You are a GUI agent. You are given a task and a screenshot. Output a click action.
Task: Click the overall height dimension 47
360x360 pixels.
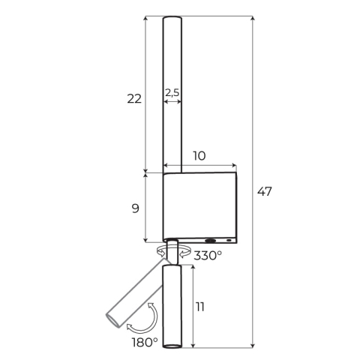(264, 191)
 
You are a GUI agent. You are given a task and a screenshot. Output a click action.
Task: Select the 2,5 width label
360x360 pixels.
(172, 92)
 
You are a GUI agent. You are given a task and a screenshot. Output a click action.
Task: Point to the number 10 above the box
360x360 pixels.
(199, 156)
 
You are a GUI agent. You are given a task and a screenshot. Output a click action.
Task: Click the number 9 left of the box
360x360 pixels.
(135, 208)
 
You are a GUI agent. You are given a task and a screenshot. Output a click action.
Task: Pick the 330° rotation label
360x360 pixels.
(208, 256)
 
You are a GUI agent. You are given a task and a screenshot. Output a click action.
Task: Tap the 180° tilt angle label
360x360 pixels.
(144, 342)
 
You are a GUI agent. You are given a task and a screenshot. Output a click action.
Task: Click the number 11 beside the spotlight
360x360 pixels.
(200, 307)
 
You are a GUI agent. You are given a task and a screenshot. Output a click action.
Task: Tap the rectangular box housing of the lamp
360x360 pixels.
(199, 206)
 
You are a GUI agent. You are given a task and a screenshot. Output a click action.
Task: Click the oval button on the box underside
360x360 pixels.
(211, 241)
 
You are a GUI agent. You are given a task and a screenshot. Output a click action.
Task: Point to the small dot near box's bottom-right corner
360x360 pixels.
(229, 241)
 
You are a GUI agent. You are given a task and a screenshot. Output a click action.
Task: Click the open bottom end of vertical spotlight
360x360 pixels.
(172, 346)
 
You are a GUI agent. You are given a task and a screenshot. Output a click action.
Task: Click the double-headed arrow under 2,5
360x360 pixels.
(172, 102)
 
